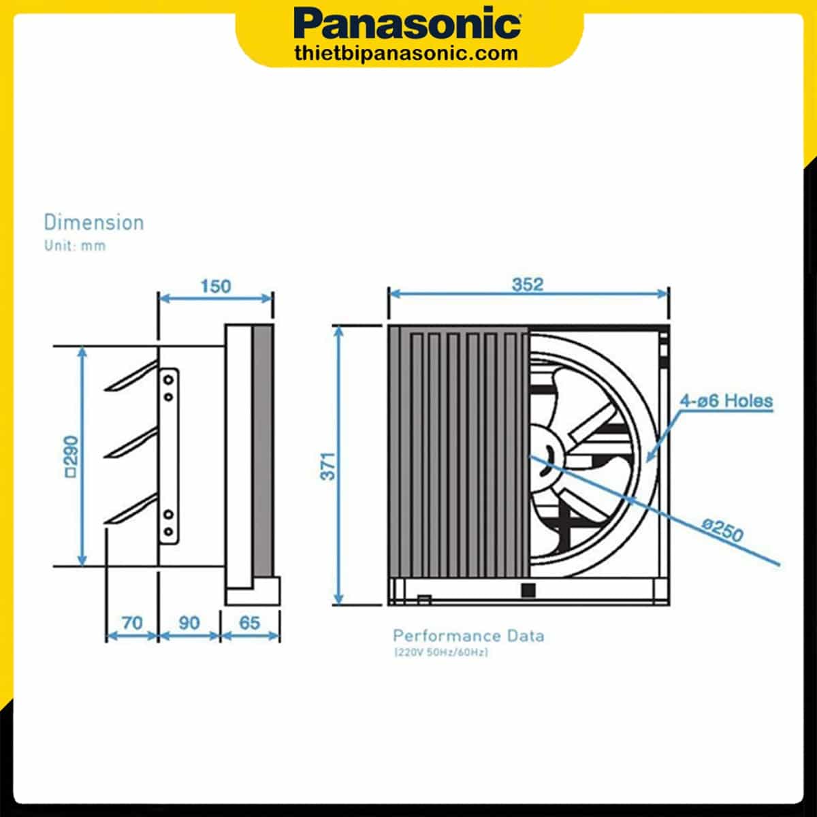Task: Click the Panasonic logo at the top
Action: point(408,25)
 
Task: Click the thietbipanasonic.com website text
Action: point(407,52)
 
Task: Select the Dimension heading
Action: point(94,223)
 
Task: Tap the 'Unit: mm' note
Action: point(75,246)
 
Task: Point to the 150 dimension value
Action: point(215,286)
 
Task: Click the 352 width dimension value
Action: point(528,284)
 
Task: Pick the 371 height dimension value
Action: point(328,466)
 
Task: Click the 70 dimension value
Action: point(132,623)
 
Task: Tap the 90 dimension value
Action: point(189,623)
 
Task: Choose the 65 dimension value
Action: point(250,623)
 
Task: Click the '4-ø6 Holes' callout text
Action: point(726,400)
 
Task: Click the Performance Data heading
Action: point(468,636)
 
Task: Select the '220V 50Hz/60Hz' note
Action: point(440,653)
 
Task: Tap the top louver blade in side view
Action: point(131,379)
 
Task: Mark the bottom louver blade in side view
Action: point(131,513)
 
